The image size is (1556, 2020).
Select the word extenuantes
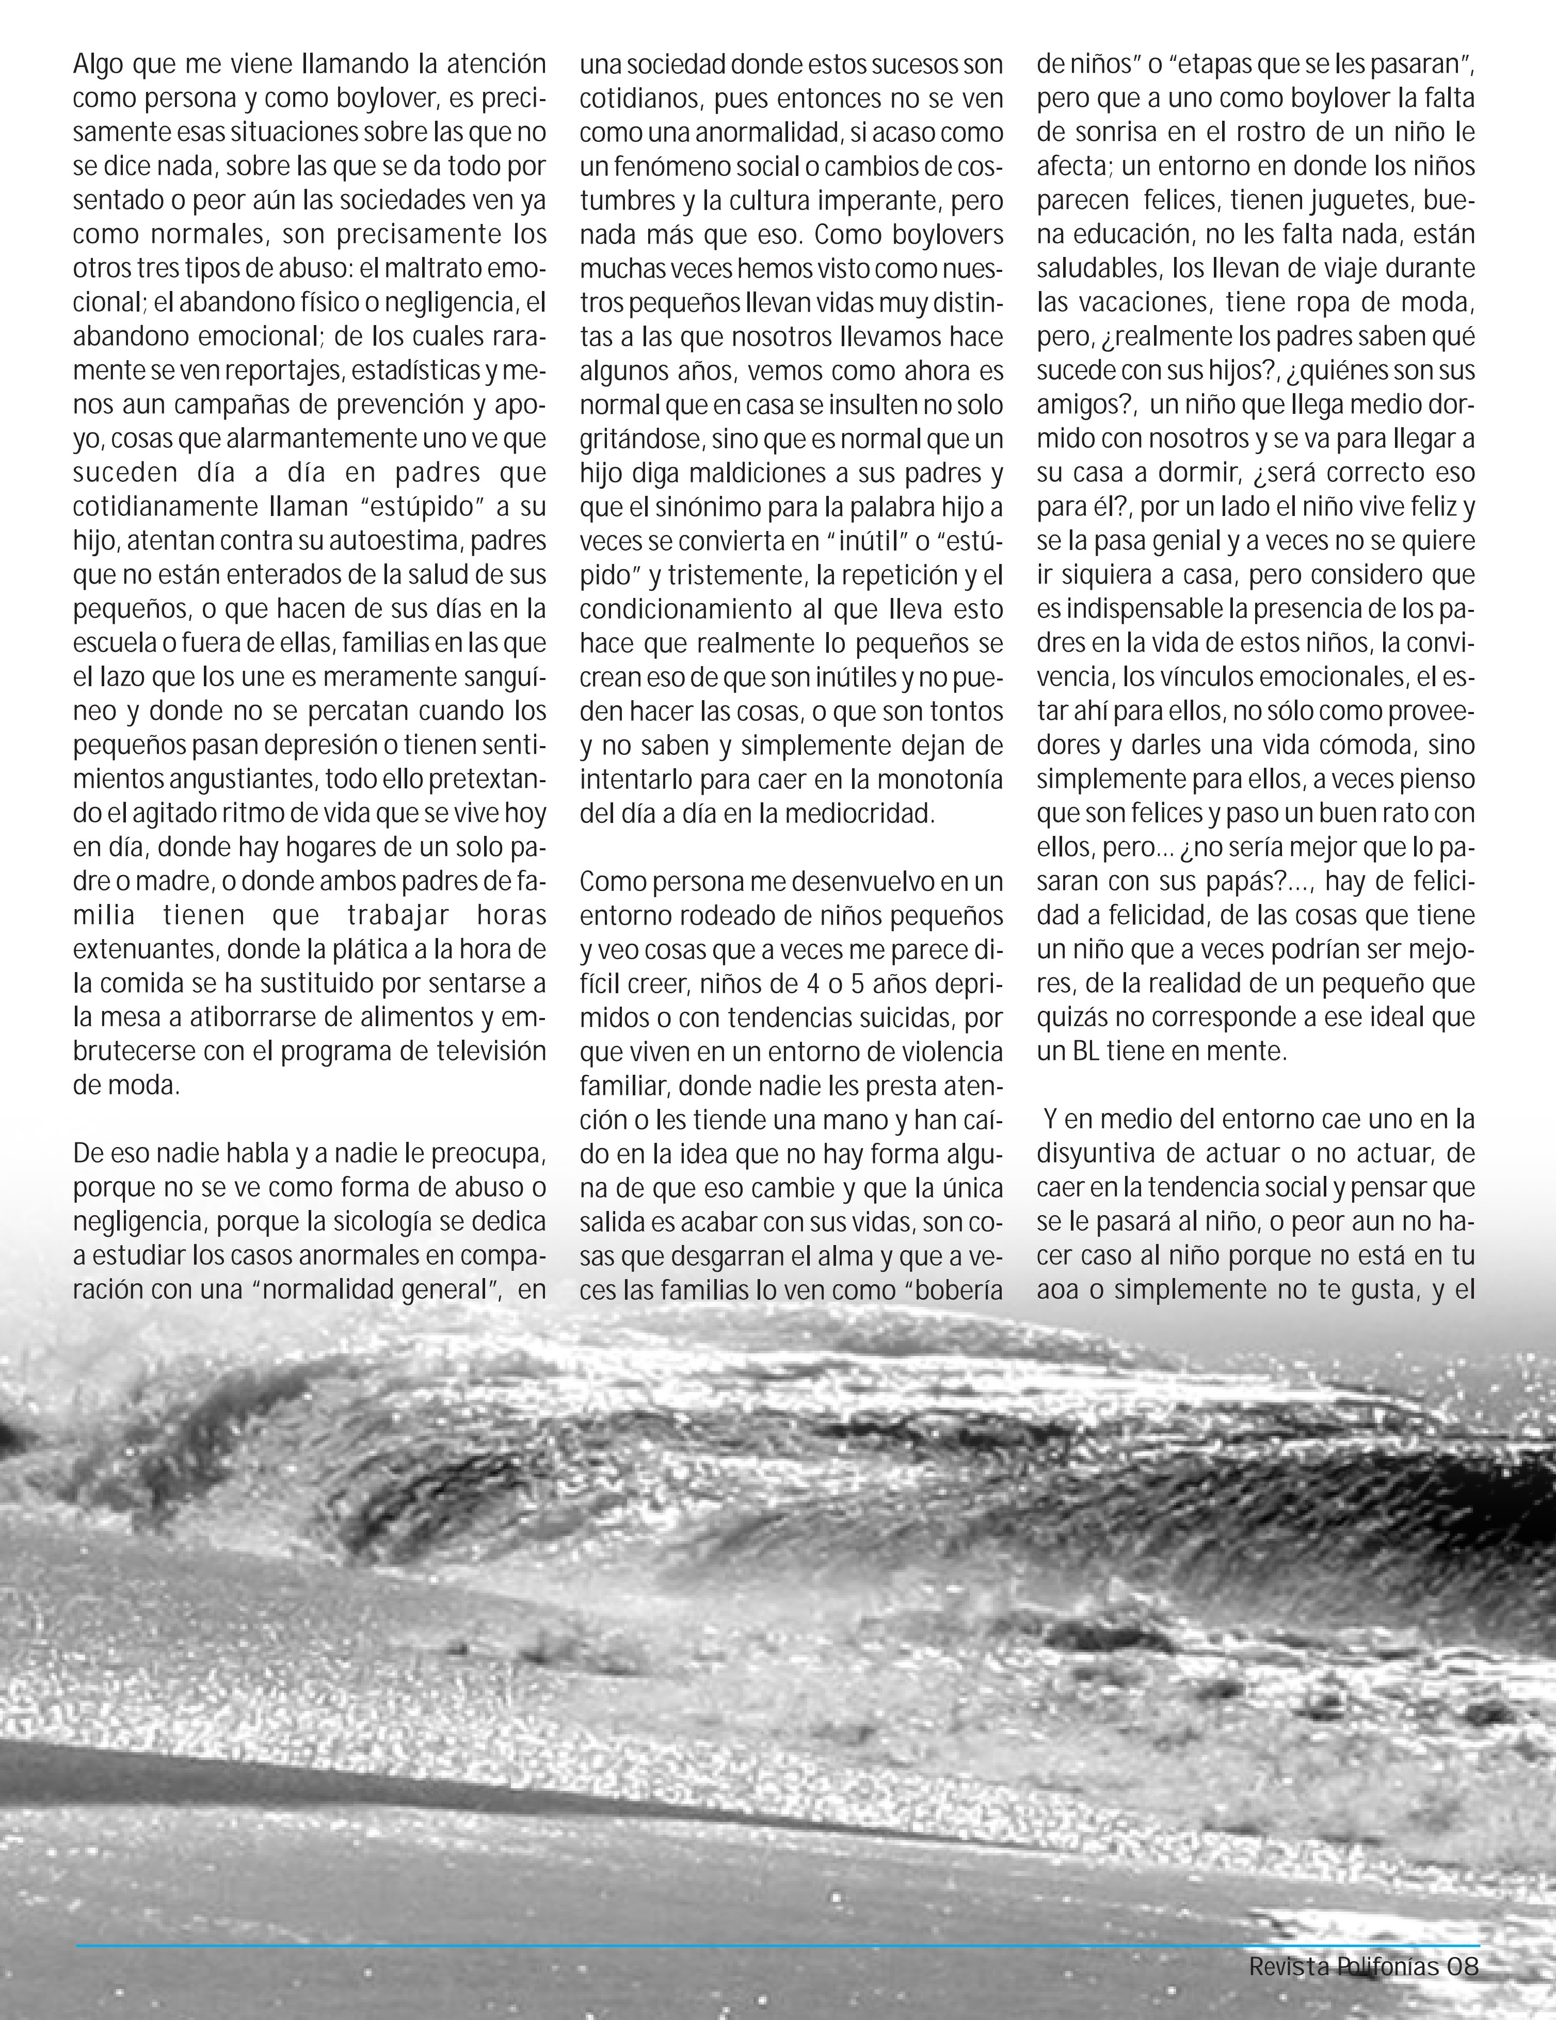pos(145,949)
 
